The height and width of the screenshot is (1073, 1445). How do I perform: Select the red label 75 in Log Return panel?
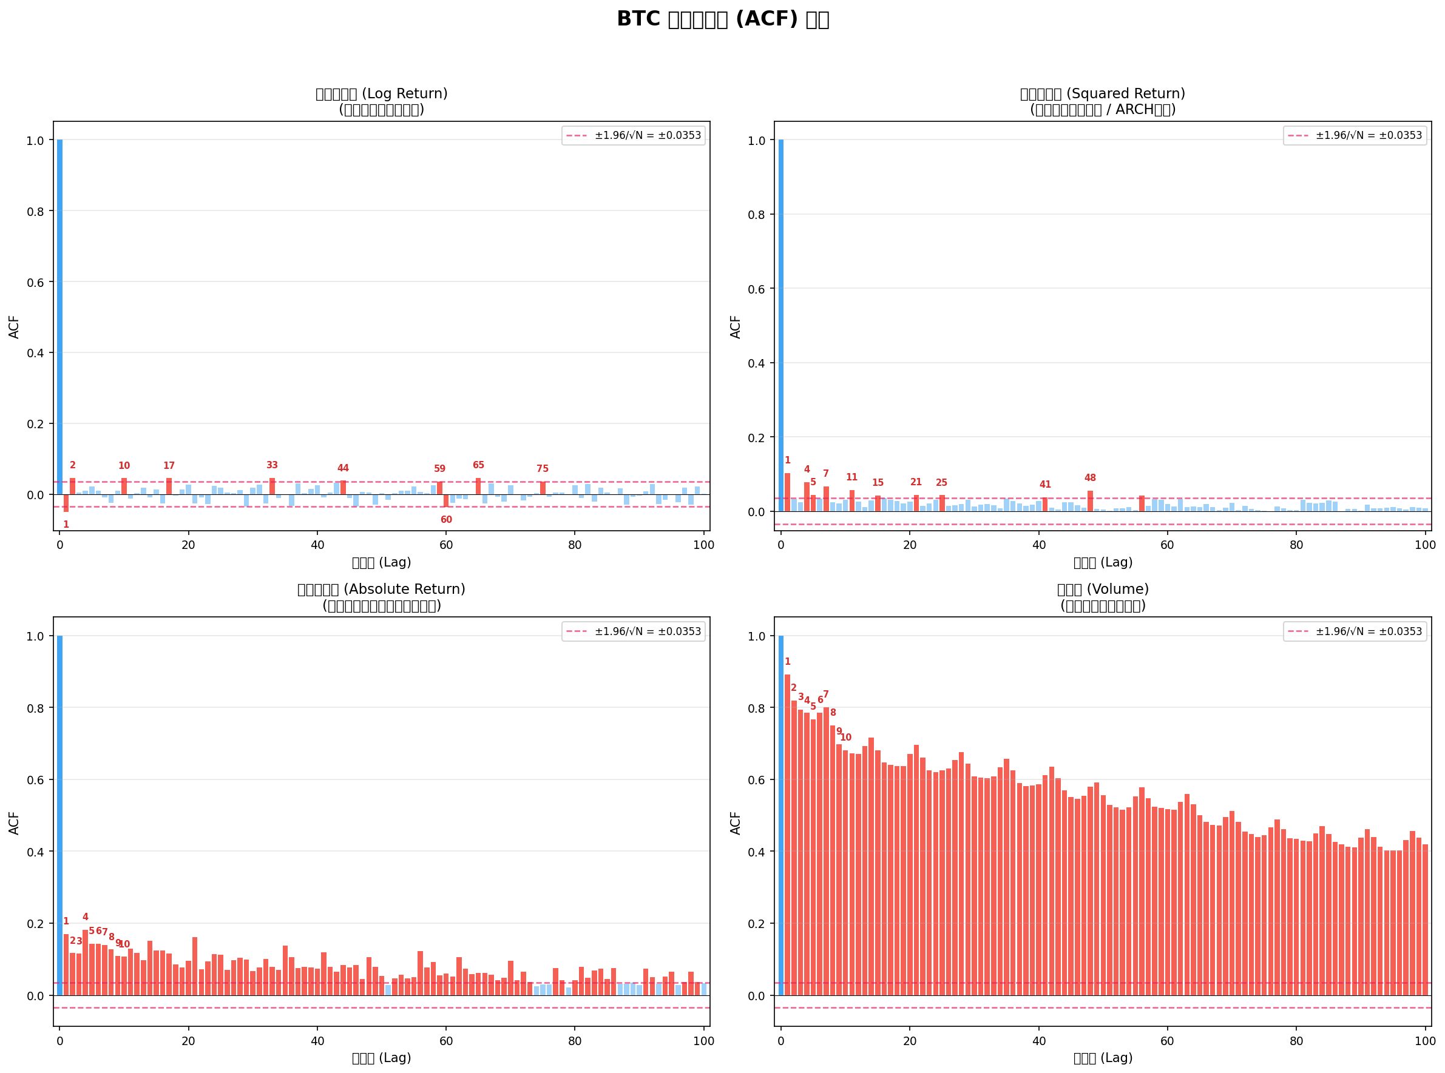(x=543, y=468)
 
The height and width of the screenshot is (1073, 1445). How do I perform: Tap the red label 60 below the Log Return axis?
(x=445, y=520)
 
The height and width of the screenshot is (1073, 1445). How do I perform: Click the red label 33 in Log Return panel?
(x=272, y=465)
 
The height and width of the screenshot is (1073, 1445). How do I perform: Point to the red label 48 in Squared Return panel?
(x=1090, y=478)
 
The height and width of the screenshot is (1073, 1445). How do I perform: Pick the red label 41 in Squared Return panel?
(x=1046, y=485)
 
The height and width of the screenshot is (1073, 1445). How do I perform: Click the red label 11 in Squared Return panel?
(x=852, y=477)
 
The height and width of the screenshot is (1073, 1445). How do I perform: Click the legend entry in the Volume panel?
(x=1355, y=631)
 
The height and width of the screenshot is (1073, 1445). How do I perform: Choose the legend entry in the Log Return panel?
(x=634, y=135)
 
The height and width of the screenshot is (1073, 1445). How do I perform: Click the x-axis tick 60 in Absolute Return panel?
(x=445, y=1041)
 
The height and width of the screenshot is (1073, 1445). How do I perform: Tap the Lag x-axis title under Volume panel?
(x=1103, y=1058)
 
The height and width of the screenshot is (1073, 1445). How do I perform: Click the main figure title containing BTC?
(x=722, y=19)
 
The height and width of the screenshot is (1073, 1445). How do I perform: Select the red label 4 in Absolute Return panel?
(x=85, y=917)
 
